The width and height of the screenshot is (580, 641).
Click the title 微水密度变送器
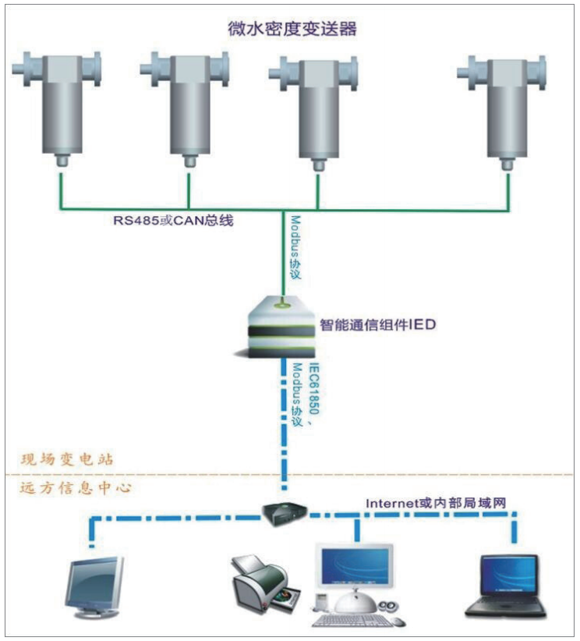click(290, 30)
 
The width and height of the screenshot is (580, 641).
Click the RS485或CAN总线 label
click(173, 221)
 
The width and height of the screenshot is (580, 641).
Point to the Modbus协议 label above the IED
click(295, 249)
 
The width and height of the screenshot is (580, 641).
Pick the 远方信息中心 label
click(74, 489)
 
